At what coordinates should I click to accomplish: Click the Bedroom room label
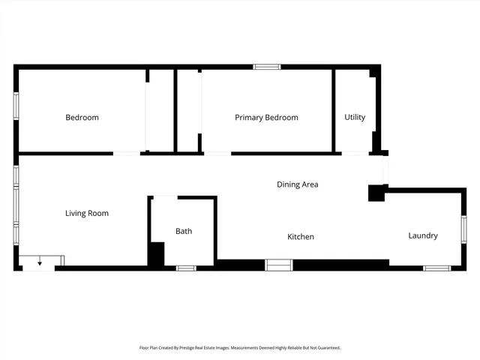pyautogui.click(x=82, y=118)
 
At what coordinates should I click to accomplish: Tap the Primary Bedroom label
pyautogui.click(x=266, y=118)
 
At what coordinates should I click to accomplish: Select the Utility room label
pyautogui.click(x=355, y=118)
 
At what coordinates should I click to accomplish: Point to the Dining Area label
pyautogui.click(x=298, y=184)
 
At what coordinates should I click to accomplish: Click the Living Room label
pyautogui.click(x=87, y=214)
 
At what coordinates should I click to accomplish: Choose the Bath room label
pyautogui.click(x=184, y=231)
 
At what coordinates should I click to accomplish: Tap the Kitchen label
pyautogui.click(x=301, y=237)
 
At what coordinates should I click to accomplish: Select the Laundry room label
pyautogui.click(x=423, y=235)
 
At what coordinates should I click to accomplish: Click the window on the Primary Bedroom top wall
pyautogui.click(x=266, y=67)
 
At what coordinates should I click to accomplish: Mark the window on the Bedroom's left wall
pyautogui.click(x=16, y=105)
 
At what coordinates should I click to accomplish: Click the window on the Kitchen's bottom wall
pyautogui.click(x=279, y=265)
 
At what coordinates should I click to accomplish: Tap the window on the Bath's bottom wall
pyautogui.click(x=186, y=268)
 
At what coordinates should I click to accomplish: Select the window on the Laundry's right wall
pyautogui.click(x=463, y=229)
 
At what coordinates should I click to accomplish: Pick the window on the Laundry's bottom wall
pyautogui.click(x=436, y=268)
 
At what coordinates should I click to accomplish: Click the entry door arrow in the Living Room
pyautogui.click(x=40, y=263)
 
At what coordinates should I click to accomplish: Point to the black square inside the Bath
pyautogui.click(x=156, y=253)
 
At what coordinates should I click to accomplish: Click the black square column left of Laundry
pyautogui.click(x=376, y=193)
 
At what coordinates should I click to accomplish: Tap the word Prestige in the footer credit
pyautogui.click(x=193, y=348)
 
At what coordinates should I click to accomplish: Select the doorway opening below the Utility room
pyautogui.click(x=355, y=154)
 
